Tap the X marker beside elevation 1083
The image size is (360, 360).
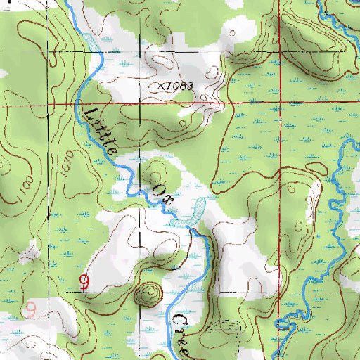click(161, 85)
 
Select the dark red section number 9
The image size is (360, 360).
click(84, 283)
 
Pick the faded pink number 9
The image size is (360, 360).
click(30, 309)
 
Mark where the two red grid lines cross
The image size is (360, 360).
click(280, 103)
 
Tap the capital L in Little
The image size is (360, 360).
click(89, 109)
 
